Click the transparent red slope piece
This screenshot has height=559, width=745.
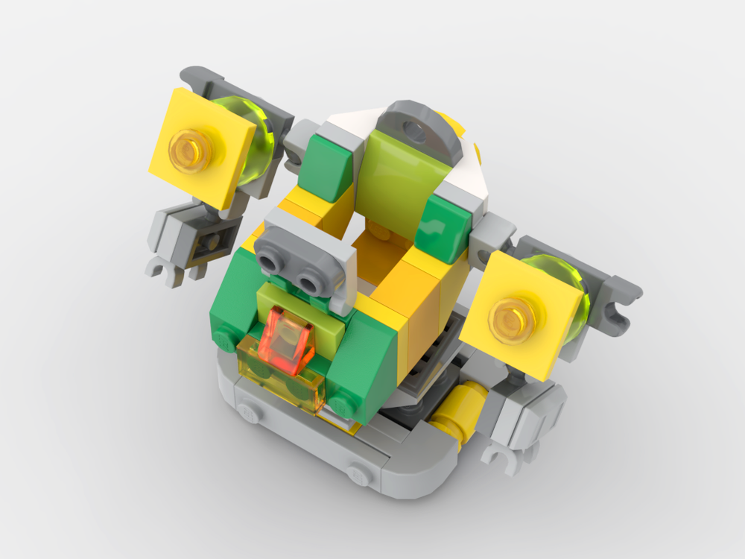coord(287,340)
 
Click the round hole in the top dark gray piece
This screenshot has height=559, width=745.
coord(418,132)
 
